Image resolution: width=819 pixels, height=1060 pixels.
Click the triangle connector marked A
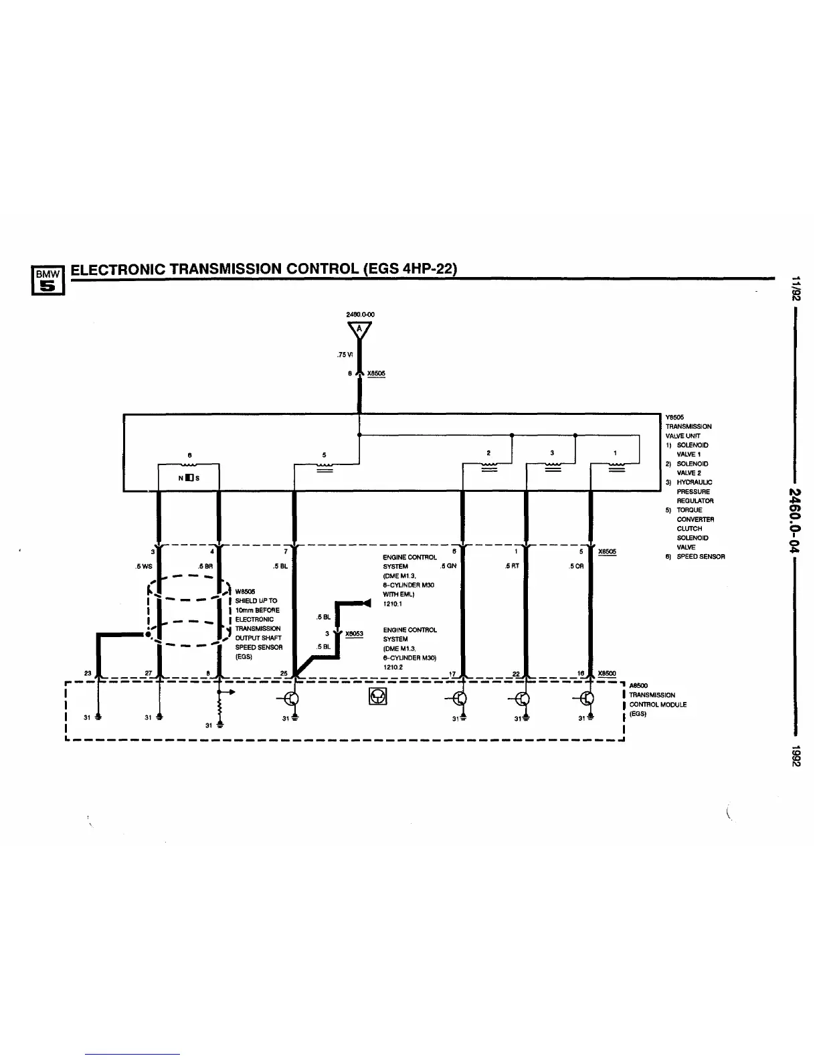click(359, 331)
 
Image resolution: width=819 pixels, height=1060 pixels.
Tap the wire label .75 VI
click(345, 355)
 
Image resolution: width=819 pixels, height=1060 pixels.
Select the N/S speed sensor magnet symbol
click(189, 477)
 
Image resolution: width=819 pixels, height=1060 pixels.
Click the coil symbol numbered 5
click(325, 465)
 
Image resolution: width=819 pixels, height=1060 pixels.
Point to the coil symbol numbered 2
click(489, 464)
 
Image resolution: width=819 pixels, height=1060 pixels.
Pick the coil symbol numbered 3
click(552, 464)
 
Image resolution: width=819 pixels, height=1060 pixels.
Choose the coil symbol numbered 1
click(616, 464)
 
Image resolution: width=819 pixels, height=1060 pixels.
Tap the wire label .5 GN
click(448, 566)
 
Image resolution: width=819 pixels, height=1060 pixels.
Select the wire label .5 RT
click(512, 566)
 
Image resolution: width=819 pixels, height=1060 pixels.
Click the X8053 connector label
click(354, 634)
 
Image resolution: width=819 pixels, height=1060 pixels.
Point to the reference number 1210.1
click(391, 604)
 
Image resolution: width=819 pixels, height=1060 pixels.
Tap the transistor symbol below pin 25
click(292, 699)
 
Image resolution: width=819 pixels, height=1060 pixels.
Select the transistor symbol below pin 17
click(460, 699)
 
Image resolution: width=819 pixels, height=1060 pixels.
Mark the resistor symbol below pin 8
click(219, 706)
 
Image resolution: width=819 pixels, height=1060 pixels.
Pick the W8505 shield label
click(245, 592)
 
